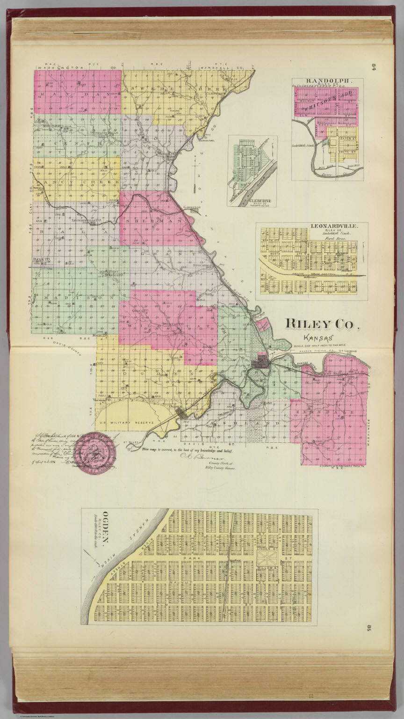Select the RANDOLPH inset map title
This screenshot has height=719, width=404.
[x=327, y=80]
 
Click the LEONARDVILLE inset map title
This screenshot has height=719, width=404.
[x=334, y=226]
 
